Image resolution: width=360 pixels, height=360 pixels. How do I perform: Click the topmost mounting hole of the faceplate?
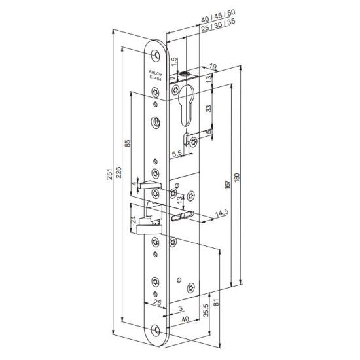coord(156,53)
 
